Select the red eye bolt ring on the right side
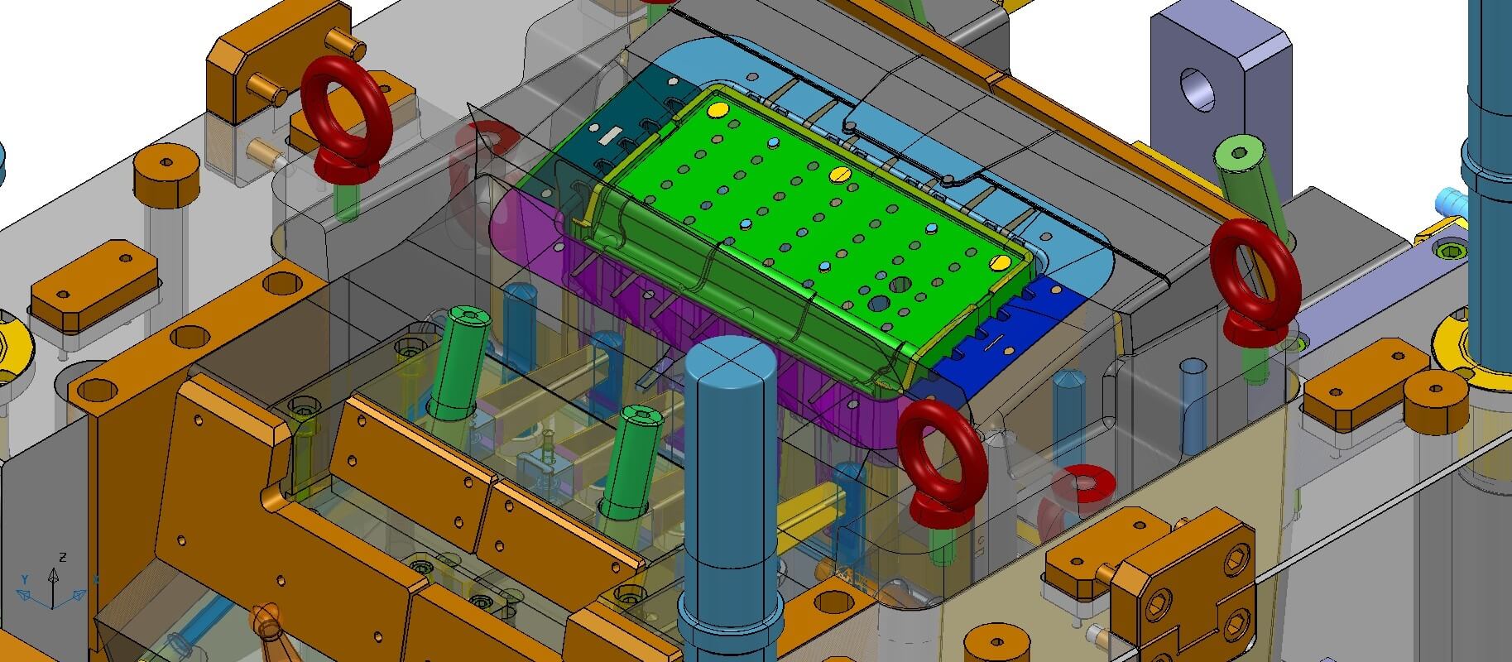(x=1253, y=262)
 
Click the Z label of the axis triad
(x=64, y=557)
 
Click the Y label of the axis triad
(x=25, y=578)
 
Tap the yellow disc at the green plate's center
(x=839, y=174)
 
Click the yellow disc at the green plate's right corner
(x=1000, y=262)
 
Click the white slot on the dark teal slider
(x=610, y=132)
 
